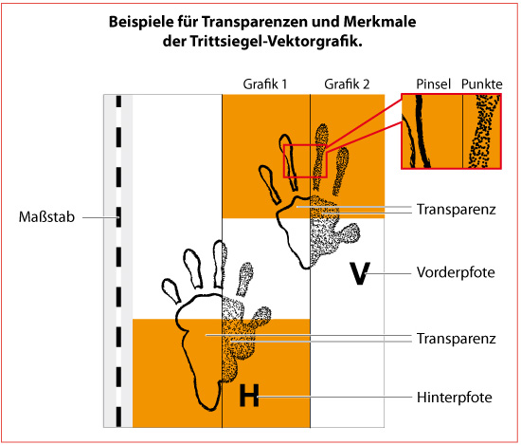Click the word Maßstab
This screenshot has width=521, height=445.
pyautogui.click(x=46, y=217)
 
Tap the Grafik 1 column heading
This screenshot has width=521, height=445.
pyautogui.click(x=265, y=84)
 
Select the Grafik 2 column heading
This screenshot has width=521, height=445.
pyautogui.click(x=347, y=84)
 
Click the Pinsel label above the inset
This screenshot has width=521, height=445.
pyautogui.click(x=433, y=84)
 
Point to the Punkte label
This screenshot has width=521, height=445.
pyautogui.click(x=482, y=84)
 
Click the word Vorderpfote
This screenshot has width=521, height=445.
pyautogui.click(x=456, y=272)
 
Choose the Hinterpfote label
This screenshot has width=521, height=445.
pyautogui.click(x=454, y=398)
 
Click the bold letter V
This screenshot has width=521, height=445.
pyautogui.click(x=360, y=273)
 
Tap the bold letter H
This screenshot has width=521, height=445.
pyautogui.click(x=249, y=395)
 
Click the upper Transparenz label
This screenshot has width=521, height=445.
pyautogui.click(x=457, y=210)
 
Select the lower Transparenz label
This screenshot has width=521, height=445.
pyautogui.click(x=457, y=339)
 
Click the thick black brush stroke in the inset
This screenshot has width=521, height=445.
pyautogui.click(x=422, y=132)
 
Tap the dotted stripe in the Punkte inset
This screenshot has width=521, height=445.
pyautogui.click(x=483, y=132)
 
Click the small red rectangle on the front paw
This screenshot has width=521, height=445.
pyautogui.click(x=283, y=161)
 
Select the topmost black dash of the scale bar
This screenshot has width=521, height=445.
pyautogui.click(x=118, y=102)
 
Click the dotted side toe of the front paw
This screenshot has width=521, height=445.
pyautogui.click(x=350, y=232)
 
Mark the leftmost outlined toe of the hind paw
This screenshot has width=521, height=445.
pyautogui.click(x=171, y=290)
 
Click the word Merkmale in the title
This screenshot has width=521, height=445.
pyautogui.click(x=380, y=22)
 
